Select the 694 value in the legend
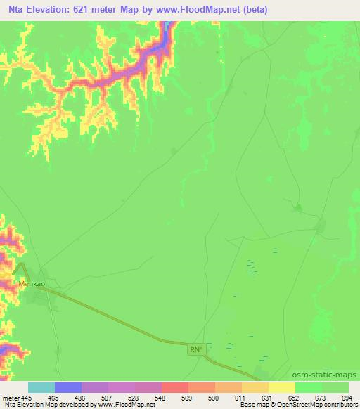click(347, 397)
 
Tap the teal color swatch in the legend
click(41, 387)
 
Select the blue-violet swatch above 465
click(68, 387)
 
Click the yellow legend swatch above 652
click(282, 387)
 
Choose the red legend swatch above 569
click(175, 387)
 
